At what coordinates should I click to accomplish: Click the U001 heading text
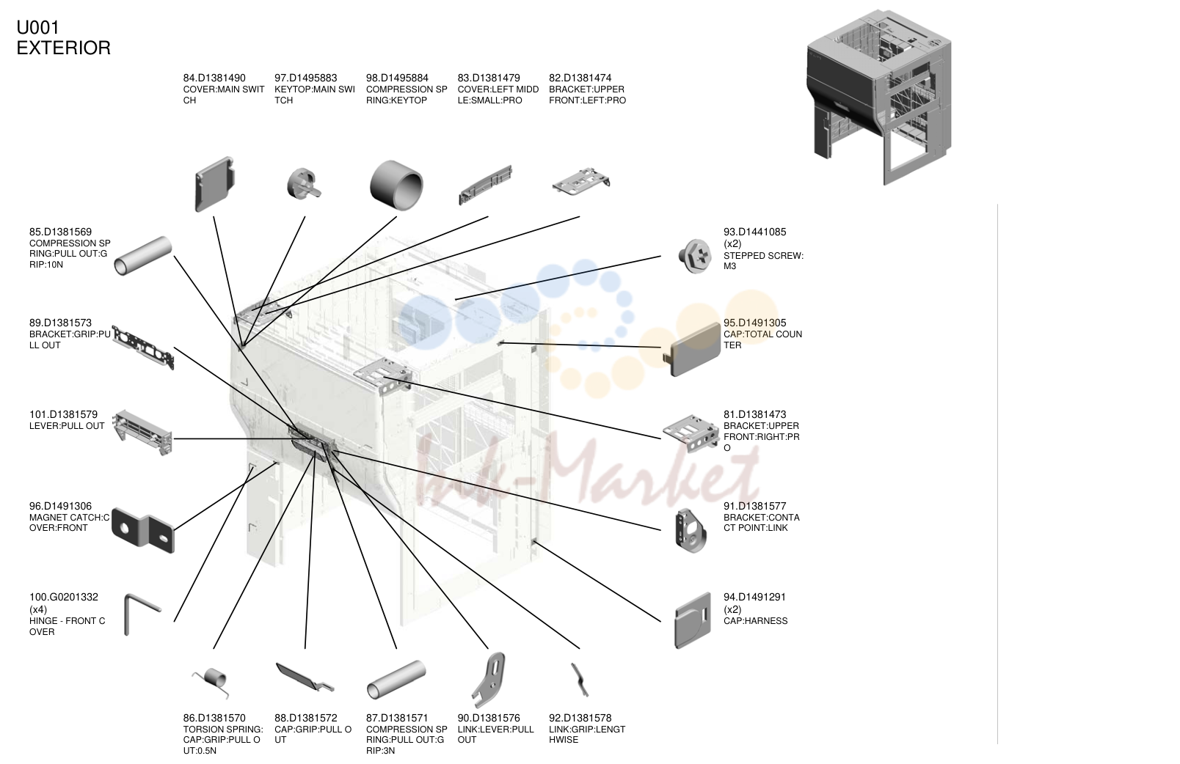[x=37, y=27]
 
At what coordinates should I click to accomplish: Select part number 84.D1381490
[x=214, y=78]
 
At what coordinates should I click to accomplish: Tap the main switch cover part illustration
[x=214, y=183]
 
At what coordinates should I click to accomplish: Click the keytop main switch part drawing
[x=303, y=184]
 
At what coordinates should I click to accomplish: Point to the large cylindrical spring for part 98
[x=396, y=186]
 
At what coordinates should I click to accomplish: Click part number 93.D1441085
[x=754, y=232]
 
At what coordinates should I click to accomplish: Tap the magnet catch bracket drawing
[x=143, y=530]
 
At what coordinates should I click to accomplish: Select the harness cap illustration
[x=693, y=621]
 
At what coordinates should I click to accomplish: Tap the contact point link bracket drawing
[x=691, y=531]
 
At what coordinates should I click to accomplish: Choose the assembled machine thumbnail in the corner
[x=878, y=98]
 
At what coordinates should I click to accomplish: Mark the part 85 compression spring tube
[x=143, y=256]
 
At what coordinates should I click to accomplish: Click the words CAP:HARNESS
[x=755, y=621]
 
